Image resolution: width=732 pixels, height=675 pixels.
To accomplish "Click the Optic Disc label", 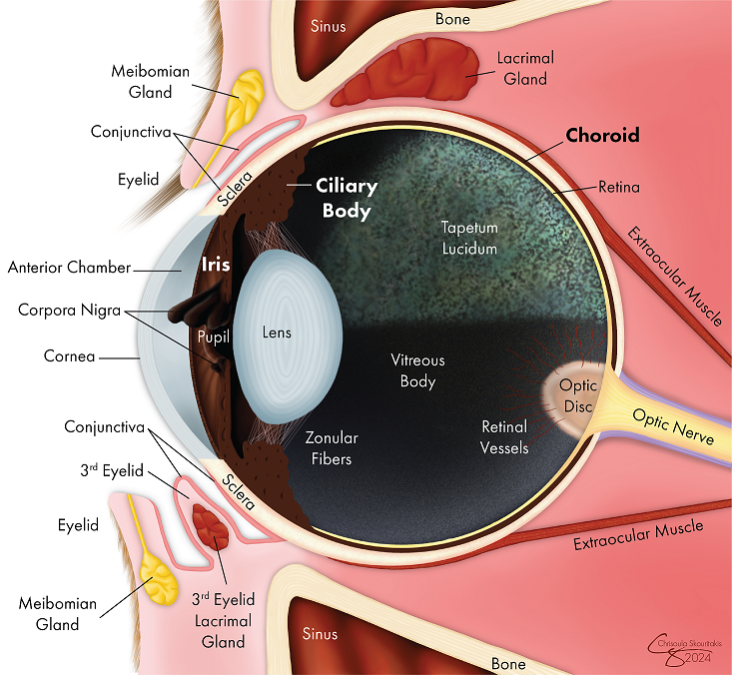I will tap(577, 395).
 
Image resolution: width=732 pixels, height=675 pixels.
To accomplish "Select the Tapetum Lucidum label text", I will tap(469, 238).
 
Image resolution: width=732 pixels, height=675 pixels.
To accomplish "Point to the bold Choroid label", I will tap(602, 135).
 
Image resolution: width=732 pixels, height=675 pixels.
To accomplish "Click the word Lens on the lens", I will tap(277, 332).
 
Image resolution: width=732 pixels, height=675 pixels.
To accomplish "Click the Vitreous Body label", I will tap(416, 370).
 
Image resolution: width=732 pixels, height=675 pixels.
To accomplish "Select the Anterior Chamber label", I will tap(69, 268).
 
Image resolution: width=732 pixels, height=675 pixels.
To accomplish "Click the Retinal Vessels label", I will tap(504, 437).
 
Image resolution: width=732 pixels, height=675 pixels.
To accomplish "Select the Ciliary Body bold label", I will tap(345, 198).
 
